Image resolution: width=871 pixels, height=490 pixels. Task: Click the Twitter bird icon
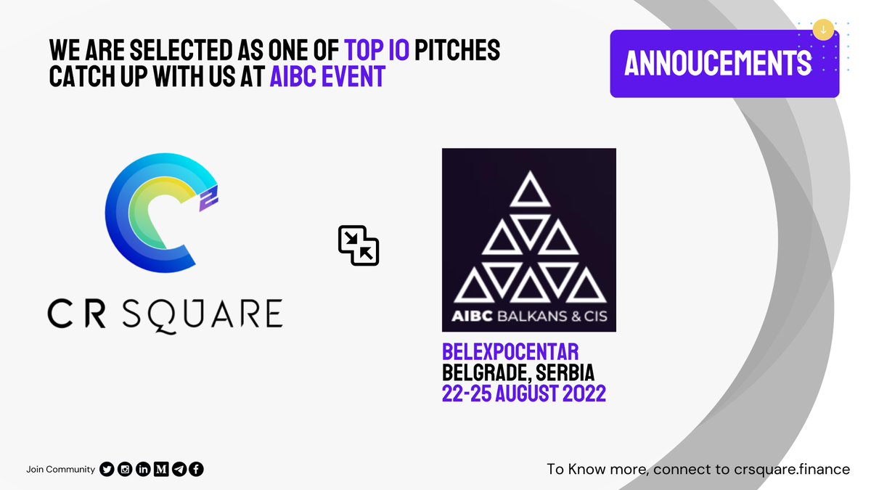pos(107,470)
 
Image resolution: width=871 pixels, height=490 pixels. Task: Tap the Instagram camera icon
pos(125,470)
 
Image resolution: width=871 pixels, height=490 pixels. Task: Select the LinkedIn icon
pos(143,470)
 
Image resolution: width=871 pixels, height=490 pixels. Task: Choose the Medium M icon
pos(161,470)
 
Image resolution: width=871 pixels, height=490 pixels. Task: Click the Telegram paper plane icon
pos(179,470)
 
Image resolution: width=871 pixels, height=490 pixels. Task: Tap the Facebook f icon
pos(197,470)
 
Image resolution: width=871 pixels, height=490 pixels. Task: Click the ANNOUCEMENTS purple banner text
pos(718,64)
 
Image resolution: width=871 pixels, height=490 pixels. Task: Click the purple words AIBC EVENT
pos(327,75)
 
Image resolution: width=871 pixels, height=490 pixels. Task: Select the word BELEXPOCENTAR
pos(510,353)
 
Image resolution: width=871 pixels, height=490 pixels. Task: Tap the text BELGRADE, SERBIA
pos(518,373)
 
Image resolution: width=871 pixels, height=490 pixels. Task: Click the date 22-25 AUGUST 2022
pos(524,393)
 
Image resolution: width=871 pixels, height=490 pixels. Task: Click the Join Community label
pos(60,470)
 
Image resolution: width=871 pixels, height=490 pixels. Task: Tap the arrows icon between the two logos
pos(359,245)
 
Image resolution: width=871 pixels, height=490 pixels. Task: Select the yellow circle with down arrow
pos(823,30)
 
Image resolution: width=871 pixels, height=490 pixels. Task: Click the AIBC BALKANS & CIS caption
pos(528,316)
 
